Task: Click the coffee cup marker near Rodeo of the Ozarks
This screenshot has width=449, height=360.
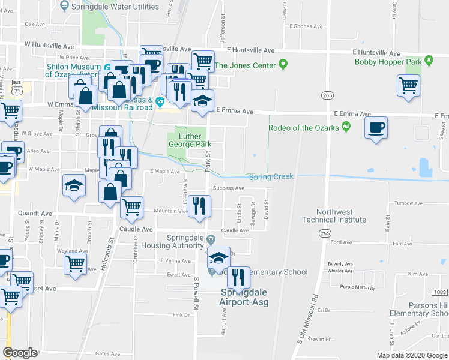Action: pyautogui.click(x=376, y=128)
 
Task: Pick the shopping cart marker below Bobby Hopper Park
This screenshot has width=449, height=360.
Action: pyautogui.click(x=408, y=86)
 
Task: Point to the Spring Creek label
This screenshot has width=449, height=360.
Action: pyautogui.click(x=271, y=176)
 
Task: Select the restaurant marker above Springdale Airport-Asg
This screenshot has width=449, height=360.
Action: pyautogui.click(x=238, y=278)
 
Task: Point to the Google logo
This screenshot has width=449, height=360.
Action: pyautogui.click(x=20, y=353)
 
